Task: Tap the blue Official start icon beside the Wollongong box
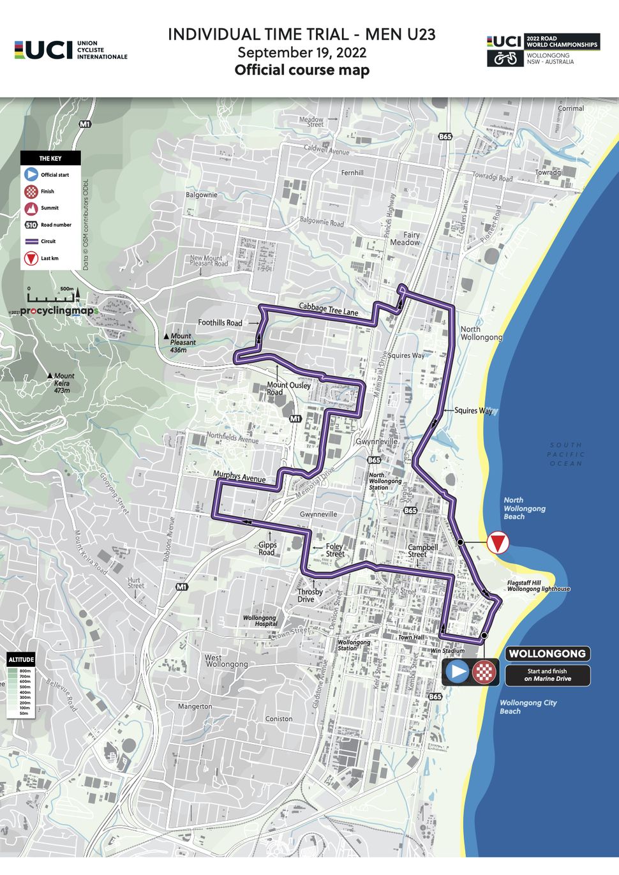point(458,671)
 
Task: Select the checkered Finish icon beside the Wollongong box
point(484,671)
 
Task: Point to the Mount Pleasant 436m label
point(181,343)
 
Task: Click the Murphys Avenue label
point(239,476)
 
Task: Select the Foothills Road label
point(220,323)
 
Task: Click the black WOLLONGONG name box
point(547,654)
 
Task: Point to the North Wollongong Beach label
point(525,509)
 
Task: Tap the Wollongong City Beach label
point(528,707)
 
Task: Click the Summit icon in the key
point(31,208)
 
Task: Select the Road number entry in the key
point(48,225)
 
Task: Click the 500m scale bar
point(50,297)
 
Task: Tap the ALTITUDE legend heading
point(21,659)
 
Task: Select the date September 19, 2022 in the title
point(302,52)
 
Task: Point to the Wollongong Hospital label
point(259,621)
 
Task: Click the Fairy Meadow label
point(405,239)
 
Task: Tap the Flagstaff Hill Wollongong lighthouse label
point(538,586)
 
